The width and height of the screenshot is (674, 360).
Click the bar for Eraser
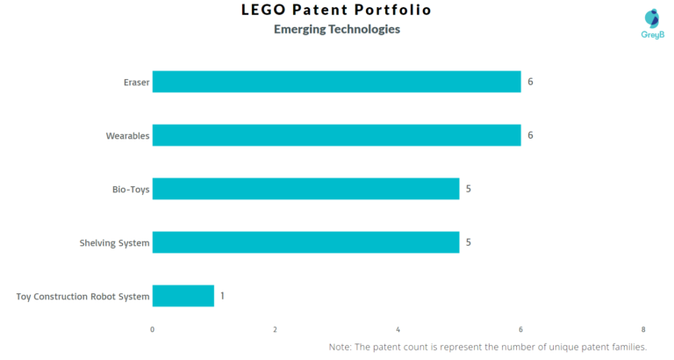336,82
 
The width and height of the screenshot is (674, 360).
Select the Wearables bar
336,135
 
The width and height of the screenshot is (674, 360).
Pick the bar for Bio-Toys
305,189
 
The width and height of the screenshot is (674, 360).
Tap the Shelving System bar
305,242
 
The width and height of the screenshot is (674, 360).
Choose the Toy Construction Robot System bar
183,296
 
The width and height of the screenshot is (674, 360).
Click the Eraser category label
136,83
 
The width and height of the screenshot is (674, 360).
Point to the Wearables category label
127,136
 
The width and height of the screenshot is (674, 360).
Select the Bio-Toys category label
131,190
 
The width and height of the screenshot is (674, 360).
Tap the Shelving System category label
115,243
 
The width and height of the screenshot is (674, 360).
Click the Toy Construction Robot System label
83,297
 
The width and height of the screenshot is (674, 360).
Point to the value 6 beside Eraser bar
530,82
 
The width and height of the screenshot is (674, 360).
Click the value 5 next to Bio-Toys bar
469,189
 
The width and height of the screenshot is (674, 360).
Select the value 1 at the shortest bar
222,296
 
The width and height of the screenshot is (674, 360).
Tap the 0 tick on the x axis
153,329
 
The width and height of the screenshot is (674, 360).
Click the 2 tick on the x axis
276,329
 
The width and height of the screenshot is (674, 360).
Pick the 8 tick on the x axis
643,329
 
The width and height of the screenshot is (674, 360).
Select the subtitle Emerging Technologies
337,29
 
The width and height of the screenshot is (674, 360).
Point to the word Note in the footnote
341,348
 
